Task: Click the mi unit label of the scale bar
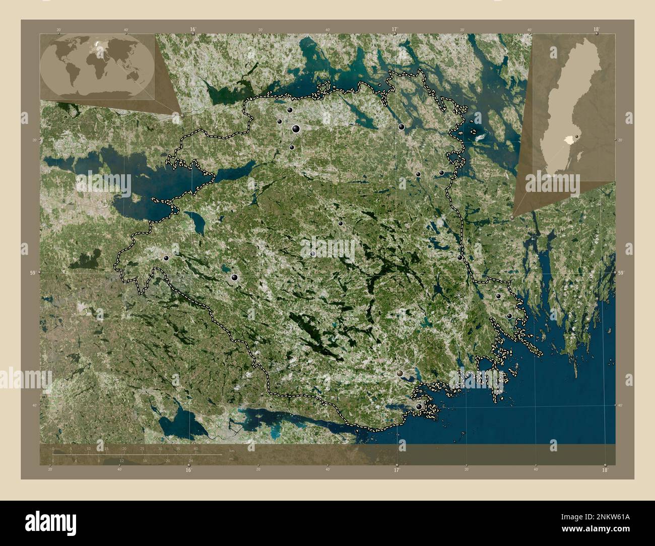coord(231,459)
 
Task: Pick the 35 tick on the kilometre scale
coord(178,448)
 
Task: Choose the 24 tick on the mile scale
coord(190,460)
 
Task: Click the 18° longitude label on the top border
coord(596,29)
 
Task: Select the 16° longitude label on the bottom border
coord(188,470)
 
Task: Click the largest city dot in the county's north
coord(295,129)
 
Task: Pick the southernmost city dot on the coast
coord(419,406)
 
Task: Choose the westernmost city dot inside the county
coord(166,258)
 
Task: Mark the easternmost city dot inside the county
coord(509,316)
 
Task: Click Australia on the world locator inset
coord(135,76)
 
